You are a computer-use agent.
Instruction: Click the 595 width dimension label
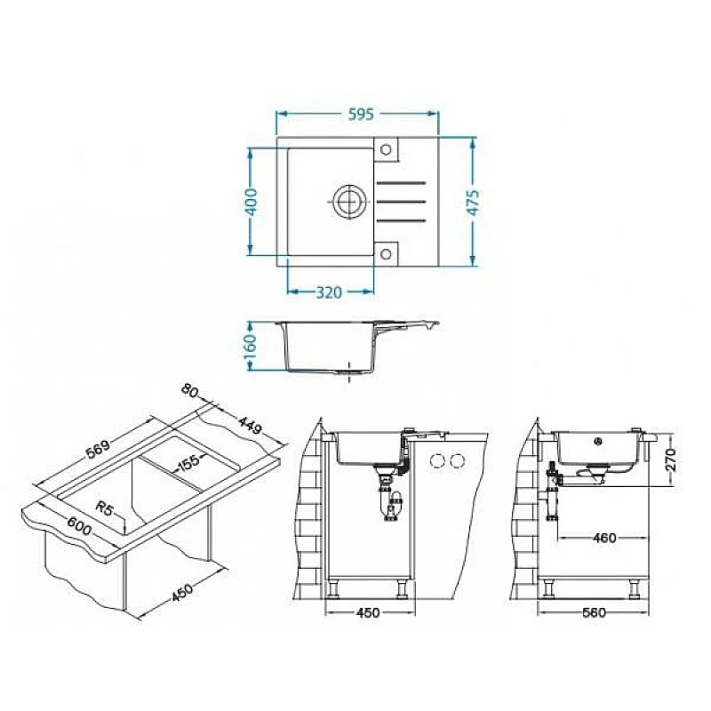pyautogui.click(x=361, y=115)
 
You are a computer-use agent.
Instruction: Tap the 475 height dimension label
pyautogui.click(x=473, y=203)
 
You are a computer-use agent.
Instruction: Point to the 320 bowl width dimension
pyautogui.click(x=328, y=293)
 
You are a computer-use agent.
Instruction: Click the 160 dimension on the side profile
pyautogui.click(x=251, y=347)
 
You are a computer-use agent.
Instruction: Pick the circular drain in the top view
pyautogui.click(x=348, y=201)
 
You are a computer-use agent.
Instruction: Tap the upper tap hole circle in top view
pyautogui.click(x=386, y=148)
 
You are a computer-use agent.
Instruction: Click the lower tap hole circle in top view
pyautogui.click(x=386, y=253)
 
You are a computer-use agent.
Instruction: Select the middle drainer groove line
pyautogui.click(x=402, y=202)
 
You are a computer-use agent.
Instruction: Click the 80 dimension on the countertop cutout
pyautogui.click(x=189, y=391)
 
